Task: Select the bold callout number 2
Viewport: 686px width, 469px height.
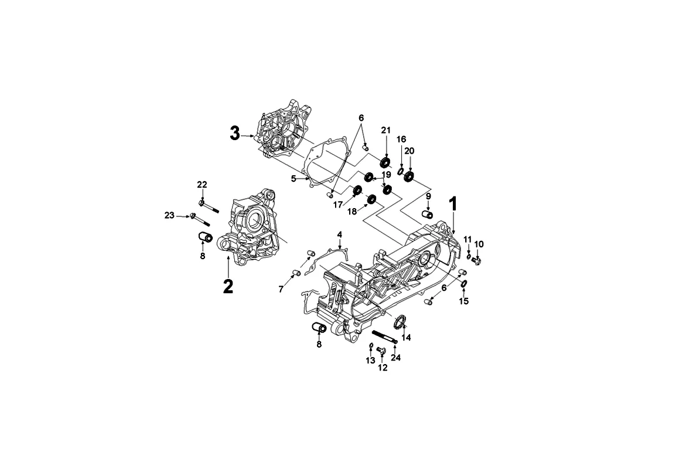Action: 227,286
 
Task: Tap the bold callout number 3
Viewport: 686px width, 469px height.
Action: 234,134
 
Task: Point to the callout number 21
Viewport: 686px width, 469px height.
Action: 385,130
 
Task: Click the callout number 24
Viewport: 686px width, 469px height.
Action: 395,358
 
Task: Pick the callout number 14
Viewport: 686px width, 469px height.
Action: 406,338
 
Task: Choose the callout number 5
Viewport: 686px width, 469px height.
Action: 293,178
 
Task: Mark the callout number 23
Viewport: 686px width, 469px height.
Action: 169,216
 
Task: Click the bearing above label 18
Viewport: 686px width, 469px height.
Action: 371,200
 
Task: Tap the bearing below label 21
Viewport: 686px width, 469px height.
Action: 385,162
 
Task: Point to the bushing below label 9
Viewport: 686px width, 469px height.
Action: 428,215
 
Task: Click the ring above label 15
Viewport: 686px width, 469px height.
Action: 463,284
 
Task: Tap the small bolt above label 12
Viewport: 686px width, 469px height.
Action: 380,350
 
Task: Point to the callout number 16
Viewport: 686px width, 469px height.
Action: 401,139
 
